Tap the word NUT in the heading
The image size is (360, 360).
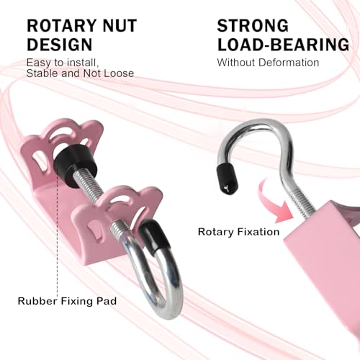[x=120, y=26]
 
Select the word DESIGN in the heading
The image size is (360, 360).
[x=60, y=45]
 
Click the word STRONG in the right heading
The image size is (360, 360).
[x=253, y=26]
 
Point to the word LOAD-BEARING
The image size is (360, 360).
[x=284, y=45]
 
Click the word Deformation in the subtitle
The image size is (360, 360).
[x=289, y=63]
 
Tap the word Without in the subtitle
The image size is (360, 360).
[x=236, y=63]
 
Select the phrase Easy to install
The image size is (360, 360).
[x=63, y=63]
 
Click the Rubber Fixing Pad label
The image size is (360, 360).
[x=67, y=301]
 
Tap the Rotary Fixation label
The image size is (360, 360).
[x=239, y=232]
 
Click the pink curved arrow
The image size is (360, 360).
[x=274, y=202]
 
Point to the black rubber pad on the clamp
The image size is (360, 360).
[x=76, y=166]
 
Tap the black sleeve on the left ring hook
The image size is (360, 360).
[x=153, y=235]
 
